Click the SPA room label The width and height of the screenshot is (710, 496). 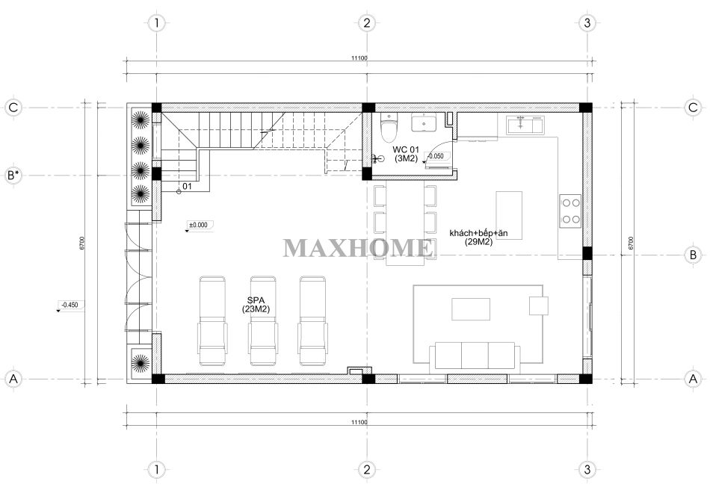pyautogui.click(x=256, y=304)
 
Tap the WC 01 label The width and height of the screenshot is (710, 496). pyautogui.click(x=406, y=154)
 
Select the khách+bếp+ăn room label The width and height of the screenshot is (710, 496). pyautogui.click(x=478, y=238)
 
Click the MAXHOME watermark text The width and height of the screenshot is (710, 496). pyautogui.click(x=358, y=248)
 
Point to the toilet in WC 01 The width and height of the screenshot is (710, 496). pyautogui.click(x=389, y=128)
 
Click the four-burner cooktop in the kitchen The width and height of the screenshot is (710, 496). pyautogui.click(x=570, y=211)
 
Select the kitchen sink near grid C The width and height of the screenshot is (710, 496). pyautogui.click(x=525, y=125)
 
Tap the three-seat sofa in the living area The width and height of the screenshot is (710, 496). pyautogui.click(x=475, y=356)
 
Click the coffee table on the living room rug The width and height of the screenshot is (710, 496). pyautogui.click(x=471, y=309)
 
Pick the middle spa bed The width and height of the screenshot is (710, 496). pyautogui.click(x=262, y=321)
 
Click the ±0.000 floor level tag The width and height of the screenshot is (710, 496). pyautogui.click(x=199, y=226)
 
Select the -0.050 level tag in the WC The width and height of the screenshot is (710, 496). pyautogui.click(x=436, y=157)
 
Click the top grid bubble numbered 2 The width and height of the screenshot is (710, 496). pyautogui.click(x=367, y=22)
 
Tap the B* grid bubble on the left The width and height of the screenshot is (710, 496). pyautogui.click(x=13, y=175)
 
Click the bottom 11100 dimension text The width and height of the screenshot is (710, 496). pyautogui.click(x=359, y=422)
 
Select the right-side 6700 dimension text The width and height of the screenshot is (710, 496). pyautogui.click(x=631, y=244)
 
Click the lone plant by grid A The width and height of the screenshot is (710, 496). pyautogui.click(x=141, y=362)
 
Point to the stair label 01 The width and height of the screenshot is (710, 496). pyautogui.click(x=187, y=186)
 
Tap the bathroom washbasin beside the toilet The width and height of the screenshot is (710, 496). pyautogui.click(x=424, y=123)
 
